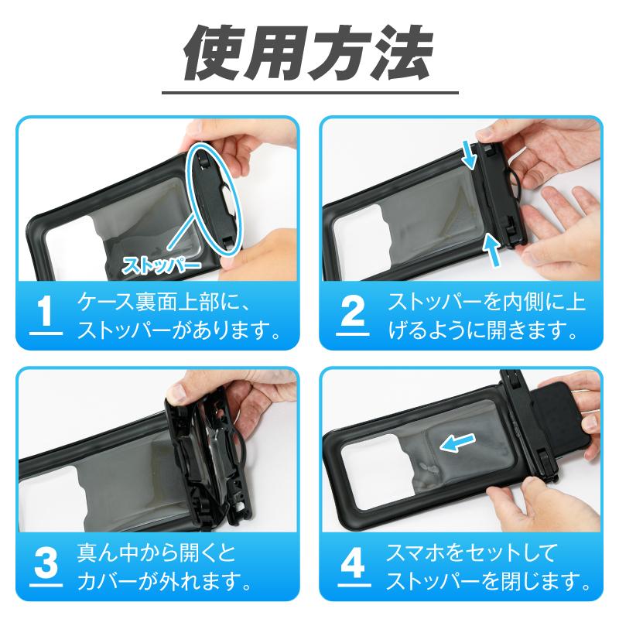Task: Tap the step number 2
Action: (x=352, y=312)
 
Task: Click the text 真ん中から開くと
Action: (x=155, y=554)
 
